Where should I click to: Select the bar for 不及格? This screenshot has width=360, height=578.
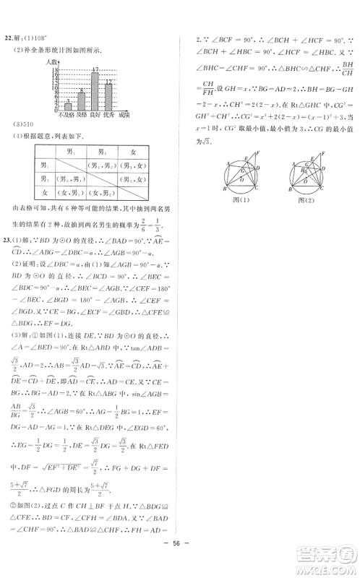tap(68, 107)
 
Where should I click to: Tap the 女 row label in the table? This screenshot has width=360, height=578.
tap(29, 193)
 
